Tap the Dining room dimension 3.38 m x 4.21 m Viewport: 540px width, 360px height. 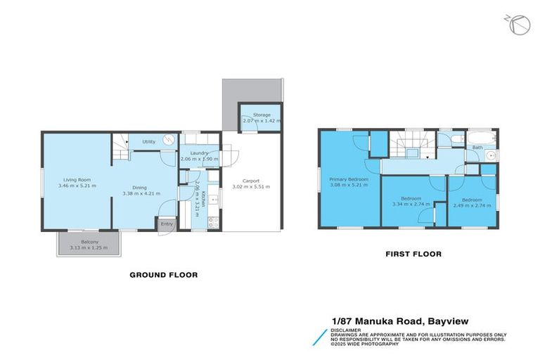click(x=139, y=193)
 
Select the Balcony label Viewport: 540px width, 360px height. click(x=89, y=241)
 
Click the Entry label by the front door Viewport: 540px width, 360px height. click(x=167, y=224)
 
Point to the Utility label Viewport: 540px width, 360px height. click(x=148, y=141)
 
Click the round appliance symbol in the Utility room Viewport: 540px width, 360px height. click(x=169, y=141)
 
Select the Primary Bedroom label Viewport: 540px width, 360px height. click(x=349, y=179)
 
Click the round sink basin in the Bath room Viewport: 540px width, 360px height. click(x=490, y=155)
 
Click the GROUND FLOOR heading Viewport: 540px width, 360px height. click(x=163, y=275)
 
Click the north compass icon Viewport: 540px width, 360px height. click(x=520, y=25)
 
